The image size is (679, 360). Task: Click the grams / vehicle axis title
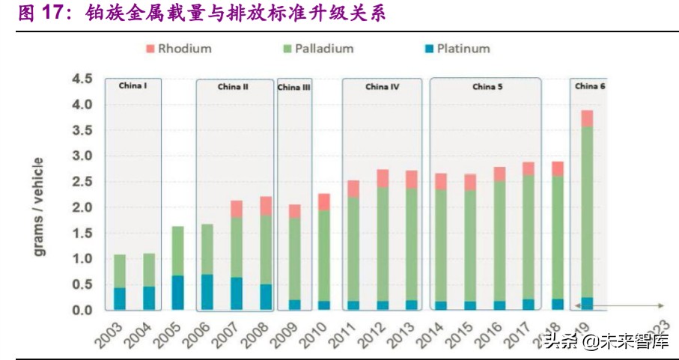39,206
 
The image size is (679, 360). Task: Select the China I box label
133,86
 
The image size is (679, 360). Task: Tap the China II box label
234,87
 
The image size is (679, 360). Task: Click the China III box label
293,88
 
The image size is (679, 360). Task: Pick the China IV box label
382,87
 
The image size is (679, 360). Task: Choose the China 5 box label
487,87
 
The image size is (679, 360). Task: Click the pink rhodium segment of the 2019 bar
587,118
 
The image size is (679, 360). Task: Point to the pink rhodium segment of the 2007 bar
237,209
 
